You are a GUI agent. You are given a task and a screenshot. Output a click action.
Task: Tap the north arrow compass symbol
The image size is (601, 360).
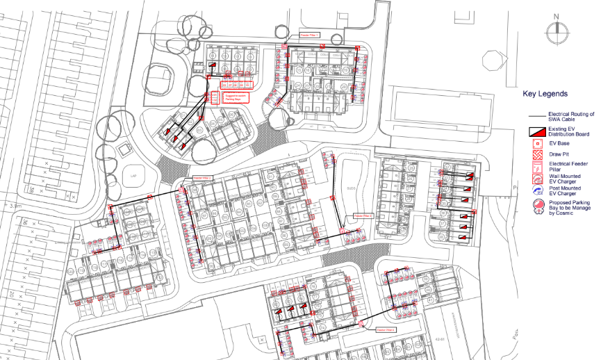(555, 31)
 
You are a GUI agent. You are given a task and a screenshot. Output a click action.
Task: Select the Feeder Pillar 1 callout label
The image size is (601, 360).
(309, 34)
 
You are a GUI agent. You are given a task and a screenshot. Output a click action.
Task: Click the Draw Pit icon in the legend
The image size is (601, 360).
(536, 154)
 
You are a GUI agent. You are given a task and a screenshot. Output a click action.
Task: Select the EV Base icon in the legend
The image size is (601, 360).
(536, 143)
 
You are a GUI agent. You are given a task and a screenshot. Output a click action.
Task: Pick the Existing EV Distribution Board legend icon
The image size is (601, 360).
(536, 131)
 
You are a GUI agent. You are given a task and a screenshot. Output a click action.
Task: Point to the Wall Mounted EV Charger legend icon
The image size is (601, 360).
(536, 179)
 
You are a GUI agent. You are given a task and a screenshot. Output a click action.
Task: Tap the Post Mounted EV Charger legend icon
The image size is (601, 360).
(536, 192)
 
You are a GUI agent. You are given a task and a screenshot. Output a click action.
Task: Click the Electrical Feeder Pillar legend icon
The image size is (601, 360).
(536, 167)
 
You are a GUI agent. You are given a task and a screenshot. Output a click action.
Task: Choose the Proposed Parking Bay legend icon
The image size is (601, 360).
(536, 207)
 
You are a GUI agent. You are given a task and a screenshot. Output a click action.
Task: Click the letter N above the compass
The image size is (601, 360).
(555, 16)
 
